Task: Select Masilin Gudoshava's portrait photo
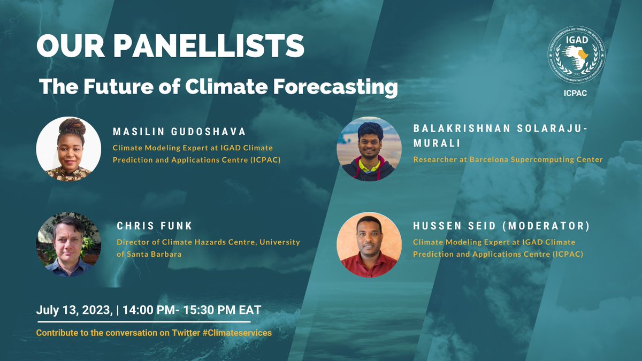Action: [x=68, y=149]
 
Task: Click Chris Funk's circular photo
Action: [x=68, y=244]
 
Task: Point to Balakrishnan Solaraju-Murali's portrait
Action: [x=369, y=149]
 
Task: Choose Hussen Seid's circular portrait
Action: [x=369, y=244]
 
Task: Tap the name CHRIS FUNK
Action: [x=147, y=226]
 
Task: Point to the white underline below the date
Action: [x=143, y=322]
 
